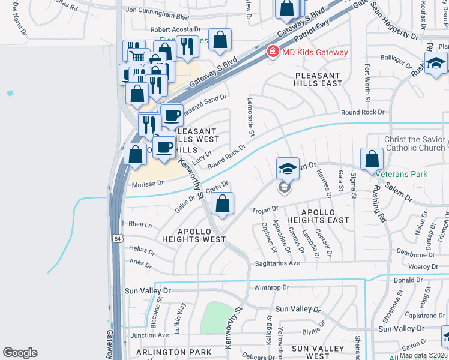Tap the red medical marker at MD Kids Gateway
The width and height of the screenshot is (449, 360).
(273, 52)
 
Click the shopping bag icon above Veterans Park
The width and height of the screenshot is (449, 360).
(372, 159)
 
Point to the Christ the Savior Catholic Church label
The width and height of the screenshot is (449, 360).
(415, 143)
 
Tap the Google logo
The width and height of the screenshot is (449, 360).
(20, 353)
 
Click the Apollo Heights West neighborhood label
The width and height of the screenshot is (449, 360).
(193, 235)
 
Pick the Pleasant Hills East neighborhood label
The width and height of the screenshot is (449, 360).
(318, 80)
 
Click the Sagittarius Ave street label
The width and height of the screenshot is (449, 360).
(278, 263)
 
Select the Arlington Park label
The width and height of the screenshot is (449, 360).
(174, 352)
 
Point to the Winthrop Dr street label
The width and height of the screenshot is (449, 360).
(272, 287)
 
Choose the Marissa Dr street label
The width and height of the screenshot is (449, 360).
(148, 184)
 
